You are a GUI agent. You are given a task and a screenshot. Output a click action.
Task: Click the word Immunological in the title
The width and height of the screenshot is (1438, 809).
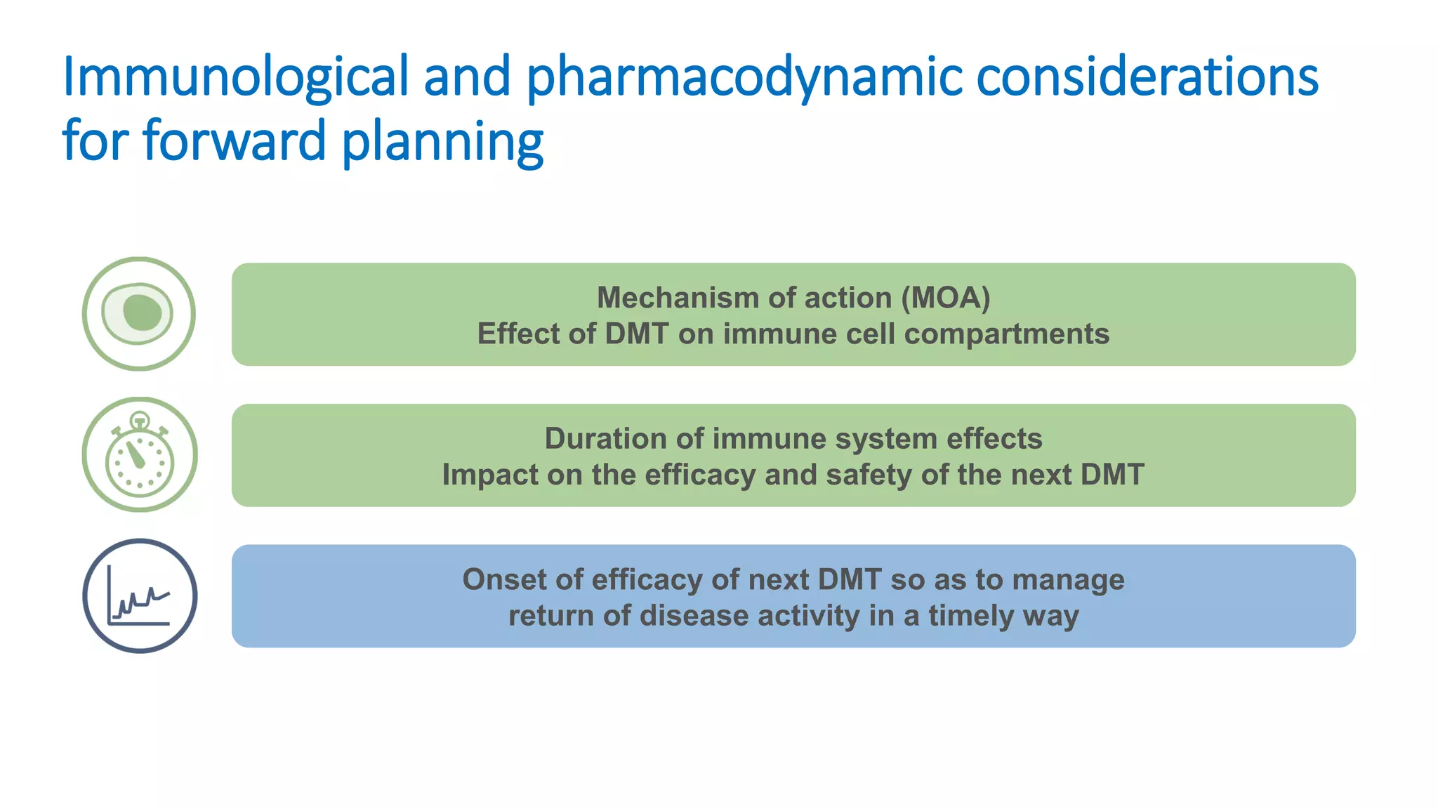tap(235, 77)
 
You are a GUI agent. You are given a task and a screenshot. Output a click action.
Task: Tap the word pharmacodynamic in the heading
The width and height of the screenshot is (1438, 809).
tap(744, 77)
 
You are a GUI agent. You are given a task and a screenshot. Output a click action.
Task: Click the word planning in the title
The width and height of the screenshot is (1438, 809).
tap(442, 141)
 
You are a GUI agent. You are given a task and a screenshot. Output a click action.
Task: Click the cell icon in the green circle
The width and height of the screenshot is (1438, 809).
tap(139, 313)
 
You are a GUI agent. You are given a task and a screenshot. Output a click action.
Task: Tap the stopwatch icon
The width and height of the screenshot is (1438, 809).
tap(140, 455)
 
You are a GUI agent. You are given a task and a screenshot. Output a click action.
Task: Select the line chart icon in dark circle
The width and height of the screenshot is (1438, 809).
tap(140, 596)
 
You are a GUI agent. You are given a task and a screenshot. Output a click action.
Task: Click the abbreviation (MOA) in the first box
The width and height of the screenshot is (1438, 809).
tap(946, 298)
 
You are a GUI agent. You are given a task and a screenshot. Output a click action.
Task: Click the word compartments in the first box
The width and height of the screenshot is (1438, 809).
tap(1007, 334)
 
